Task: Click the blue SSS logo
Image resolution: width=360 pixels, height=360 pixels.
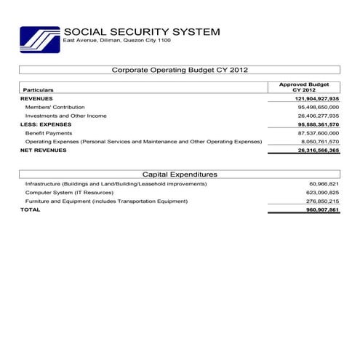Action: [39, 39]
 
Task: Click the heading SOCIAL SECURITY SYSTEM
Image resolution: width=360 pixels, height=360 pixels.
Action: [141, 32]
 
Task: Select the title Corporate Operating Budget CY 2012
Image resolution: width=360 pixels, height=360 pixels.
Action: [180, 70]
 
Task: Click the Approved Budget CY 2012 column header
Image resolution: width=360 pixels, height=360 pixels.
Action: [303, 87]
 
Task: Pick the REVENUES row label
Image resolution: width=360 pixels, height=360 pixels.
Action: [36, 98]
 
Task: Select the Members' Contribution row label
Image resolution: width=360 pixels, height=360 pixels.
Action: [55, 107]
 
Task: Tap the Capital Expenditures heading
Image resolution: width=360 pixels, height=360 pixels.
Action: [180, 175]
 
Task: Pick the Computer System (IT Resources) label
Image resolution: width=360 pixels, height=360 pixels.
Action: [69, 193]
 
